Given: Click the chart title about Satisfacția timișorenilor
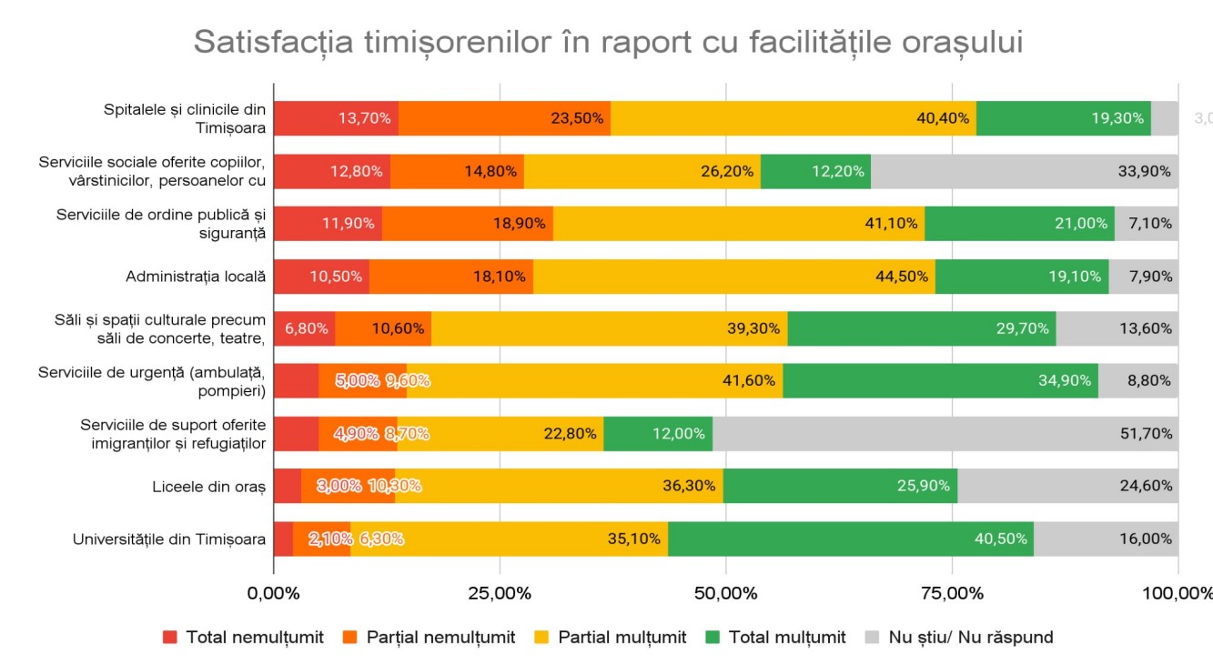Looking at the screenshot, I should [x=607, y=42].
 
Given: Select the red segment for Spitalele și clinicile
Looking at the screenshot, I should [x=336, y=118].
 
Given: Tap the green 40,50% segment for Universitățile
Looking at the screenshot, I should [x=850, y=539].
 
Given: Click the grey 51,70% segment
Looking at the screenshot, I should [x=945, y=434].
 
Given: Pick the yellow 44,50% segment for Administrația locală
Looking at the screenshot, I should [x=733, y=277].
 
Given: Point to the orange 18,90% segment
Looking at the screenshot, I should [x=467, y=224].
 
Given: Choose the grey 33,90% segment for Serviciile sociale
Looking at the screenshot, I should [x=1024, y=171].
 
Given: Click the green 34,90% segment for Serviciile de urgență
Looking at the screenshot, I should [x=940, y=381].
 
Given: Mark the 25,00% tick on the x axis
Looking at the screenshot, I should [x=500, y=594].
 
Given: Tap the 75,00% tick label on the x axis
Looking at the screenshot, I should [x=952, y=594].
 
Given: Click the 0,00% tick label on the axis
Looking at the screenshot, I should [x=274, y=594].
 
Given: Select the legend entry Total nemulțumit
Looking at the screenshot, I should [x=243, y=637].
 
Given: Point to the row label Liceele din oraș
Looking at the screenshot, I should [x=208, y=487].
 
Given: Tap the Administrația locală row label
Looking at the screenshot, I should [x=196, y=277].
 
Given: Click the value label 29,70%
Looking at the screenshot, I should [x=1023, y=329].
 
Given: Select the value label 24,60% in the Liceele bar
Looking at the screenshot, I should [x=1145, y=487].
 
